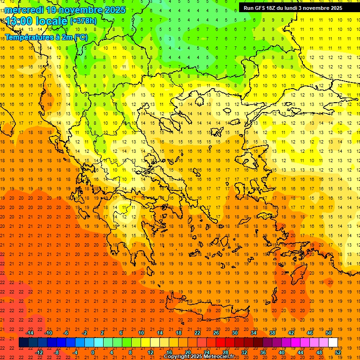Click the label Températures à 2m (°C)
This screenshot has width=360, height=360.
46,37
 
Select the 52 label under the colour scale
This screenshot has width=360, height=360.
338,352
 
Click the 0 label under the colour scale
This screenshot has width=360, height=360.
93,352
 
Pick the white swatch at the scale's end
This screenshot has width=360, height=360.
333,343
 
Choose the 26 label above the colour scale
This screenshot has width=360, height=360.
216,332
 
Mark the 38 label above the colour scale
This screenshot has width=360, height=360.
272,332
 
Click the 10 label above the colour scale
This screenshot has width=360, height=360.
141,332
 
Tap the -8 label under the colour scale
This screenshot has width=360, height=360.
57,352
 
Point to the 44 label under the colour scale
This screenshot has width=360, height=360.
300,352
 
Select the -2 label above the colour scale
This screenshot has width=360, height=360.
85,332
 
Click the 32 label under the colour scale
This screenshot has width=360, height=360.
244,352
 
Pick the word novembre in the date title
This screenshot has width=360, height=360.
78,10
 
